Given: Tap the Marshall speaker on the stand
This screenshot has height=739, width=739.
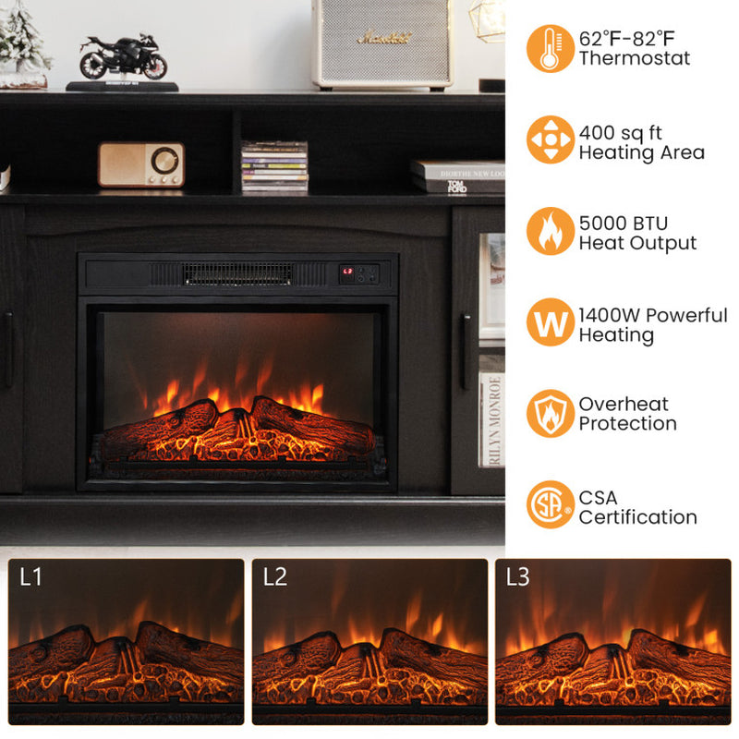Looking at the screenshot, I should point(382,42).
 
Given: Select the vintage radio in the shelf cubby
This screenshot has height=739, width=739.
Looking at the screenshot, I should point(141,164).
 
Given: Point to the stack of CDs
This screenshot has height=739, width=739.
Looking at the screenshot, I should point(274,167).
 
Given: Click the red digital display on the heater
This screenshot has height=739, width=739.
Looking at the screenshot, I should point(348,272).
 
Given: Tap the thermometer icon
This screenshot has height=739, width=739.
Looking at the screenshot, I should point(550,48).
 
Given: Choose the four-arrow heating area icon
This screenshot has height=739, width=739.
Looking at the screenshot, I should point(550,139).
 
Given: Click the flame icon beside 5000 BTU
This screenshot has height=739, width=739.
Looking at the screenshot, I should point(550,231).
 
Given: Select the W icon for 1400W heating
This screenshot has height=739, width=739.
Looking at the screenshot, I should point(550,322).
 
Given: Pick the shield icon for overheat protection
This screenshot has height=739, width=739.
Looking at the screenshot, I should point(550,413).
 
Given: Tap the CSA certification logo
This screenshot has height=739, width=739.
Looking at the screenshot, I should point(550,504).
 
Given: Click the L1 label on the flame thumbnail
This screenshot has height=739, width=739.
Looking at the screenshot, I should point(30,578).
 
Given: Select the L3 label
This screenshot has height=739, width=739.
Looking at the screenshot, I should point(517,578).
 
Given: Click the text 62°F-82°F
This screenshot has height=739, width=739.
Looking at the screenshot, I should point(627,39).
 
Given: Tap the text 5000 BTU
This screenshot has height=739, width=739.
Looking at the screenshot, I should point(624,224).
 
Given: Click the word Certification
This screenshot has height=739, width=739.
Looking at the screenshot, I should point(637,517).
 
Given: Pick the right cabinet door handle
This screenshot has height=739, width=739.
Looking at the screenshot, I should point(466,338).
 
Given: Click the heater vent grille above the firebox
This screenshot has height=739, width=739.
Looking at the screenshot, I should point(237,273).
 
